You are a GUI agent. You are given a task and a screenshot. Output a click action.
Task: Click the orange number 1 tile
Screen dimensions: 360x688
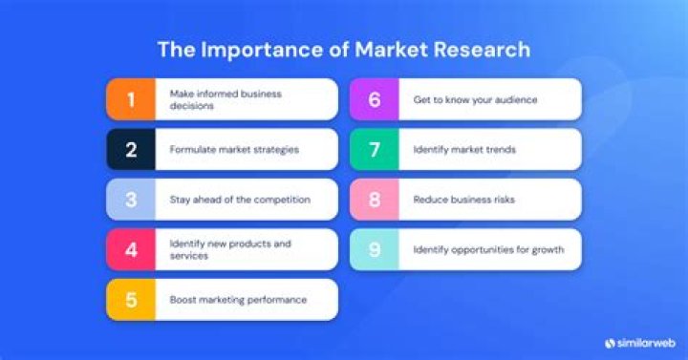click(132, 99)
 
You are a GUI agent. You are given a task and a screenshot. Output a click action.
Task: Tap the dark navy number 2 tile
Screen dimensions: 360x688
click(132, 149)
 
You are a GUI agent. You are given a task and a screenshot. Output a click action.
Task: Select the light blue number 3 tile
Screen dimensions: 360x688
click(132, 200)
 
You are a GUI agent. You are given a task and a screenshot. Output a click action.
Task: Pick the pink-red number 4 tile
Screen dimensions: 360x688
click(132, 249)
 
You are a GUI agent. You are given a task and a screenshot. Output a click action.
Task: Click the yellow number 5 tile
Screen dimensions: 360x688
click(132, 300)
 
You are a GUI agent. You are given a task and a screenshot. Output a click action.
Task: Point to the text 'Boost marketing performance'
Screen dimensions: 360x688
click(238, 300)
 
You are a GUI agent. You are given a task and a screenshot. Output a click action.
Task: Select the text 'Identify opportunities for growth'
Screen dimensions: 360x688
click(488, 249)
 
